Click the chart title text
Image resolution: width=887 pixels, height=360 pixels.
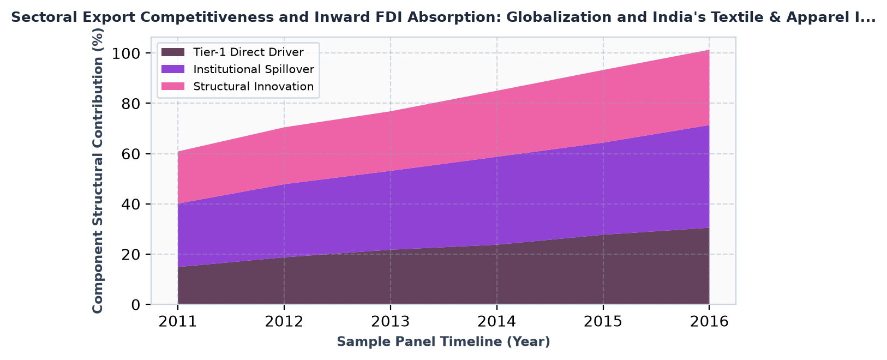point(444,17)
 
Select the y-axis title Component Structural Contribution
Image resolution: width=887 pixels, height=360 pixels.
point(98,171)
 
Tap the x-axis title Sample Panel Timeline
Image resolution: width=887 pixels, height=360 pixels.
point(444,341)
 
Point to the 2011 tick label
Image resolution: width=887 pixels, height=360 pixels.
point(178,322)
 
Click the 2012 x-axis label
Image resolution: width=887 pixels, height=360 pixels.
point(284,322)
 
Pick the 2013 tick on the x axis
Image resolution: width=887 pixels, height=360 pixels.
point(391,322)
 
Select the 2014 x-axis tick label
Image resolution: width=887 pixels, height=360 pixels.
point(496,322)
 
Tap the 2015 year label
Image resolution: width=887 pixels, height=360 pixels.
point(603,322)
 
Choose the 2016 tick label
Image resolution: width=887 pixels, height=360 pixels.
point(709,322)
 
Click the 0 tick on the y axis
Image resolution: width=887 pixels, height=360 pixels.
point(135,304)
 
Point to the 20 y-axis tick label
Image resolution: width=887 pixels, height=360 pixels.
point(131,254)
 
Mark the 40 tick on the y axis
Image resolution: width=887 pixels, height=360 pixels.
point(131,204)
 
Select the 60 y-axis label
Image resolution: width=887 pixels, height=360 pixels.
point(131,154)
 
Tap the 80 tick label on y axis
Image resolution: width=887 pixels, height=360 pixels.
point(131,104)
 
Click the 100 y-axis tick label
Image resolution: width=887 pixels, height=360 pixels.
point(126,53)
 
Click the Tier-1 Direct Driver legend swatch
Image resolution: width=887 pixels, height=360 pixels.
point(173,52)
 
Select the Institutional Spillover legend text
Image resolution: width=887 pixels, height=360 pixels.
point(254,69)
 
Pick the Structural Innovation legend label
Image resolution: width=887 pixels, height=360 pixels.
point(254,86)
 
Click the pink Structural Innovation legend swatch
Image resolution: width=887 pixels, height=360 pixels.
point(173,86)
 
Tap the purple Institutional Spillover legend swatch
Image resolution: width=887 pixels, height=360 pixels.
point(173,69)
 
